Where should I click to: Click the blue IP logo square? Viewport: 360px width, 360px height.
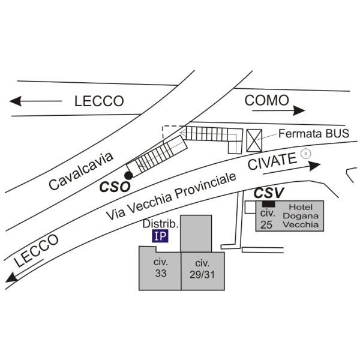pyautogui.click(x=160, y=236)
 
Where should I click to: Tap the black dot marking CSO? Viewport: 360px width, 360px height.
pyautogui.click(x=128, y=176)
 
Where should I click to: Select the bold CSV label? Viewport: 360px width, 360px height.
pyautogui.click(x=269, y=193)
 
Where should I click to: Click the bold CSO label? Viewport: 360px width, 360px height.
pyautogui.click(x=115, y=187)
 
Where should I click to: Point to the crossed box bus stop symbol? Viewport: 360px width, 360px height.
pyautogui.click(x=254, y=140)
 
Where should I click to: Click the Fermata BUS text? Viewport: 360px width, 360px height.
pyautogui.click(x=314, y=133)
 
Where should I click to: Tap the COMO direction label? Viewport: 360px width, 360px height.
pyautogui.click(x=266, y=100)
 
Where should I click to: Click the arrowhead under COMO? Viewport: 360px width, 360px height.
pyautogui.click(x=299, y=110)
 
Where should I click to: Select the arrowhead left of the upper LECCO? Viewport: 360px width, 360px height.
pyautogui.click(x=16, y=101)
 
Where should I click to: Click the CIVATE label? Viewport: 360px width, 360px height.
pyautogui.click(x=272, y=161)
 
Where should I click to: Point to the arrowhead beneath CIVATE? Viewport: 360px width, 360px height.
pyautogui.click(x=314, y=166)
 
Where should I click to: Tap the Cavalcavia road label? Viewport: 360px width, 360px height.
pyautogui.click(x=81, y=171)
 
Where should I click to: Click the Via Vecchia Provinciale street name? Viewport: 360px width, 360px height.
pyautogui.click(x=171, y=196)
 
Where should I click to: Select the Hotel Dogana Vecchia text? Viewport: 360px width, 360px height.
pyautogui.click(x=301, y=216)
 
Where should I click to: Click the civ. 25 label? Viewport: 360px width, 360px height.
pyautogui.click(x=267, y=219)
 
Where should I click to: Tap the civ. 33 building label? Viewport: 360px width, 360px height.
pyautogui.click(x=161, y=268)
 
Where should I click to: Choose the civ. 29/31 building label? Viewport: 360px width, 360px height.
pyautogui.click(x=202, y=269)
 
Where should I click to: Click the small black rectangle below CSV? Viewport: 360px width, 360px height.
pyautogui.click(x=268, y=203)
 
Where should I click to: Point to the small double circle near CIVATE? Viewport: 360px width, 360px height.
pyautogui.click(x=306, y=154)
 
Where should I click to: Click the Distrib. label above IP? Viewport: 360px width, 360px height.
pyautogui.click(x=160, y=224)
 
